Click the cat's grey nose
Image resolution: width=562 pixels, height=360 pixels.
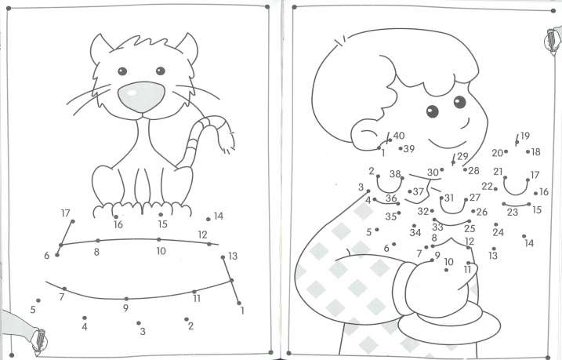tap(141, 96)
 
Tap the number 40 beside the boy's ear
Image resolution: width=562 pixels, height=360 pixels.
tap(398, 136)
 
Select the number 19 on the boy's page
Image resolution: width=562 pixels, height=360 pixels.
tap(524, 136)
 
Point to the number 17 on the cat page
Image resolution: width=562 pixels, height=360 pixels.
tap(65, 213)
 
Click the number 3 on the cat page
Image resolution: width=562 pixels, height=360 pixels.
tap(143, 331)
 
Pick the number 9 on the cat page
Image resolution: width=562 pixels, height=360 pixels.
tap(125, 308)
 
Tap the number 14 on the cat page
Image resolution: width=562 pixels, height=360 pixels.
tap(218, 216)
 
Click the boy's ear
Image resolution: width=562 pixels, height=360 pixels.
tap(365, 134)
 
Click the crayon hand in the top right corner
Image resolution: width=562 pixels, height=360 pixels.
tap(553, 40)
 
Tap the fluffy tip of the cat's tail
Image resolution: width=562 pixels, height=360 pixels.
tap(227, 141)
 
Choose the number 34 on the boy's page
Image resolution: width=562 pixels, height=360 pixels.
tap(415, 233)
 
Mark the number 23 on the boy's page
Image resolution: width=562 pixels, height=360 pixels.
tap(513, 213)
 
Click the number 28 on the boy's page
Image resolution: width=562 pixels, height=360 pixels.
tap(474, 171)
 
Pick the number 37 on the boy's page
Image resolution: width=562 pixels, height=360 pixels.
tap(419, 192)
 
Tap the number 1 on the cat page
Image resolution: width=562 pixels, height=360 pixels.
tap(242, 311)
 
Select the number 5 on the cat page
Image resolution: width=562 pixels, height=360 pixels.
tap(33, 310)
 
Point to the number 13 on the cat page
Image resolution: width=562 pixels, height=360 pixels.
tap(233, 256)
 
